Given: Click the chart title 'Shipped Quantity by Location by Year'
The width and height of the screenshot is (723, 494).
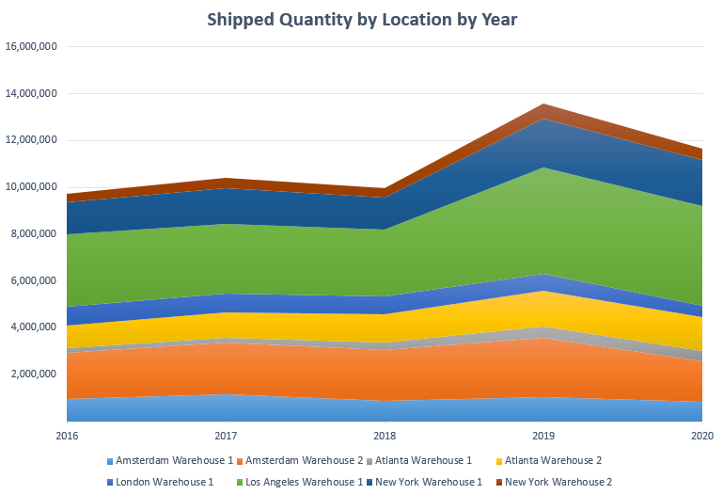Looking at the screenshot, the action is pos(362,20).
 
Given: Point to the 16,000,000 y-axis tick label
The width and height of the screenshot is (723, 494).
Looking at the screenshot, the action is pos(31,46).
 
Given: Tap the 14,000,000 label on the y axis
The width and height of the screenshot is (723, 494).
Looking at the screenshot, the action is pos(31,93).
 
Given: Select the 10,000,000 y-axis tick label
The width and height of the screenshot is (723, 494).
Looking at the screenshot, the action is pos(31,187).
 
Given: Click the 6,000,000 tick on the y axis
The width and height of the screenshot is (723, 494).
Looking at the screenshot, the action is pos(34,280).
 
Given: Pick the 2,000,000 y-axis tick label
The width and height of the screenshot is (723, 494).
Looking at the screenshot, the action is pos(34,374).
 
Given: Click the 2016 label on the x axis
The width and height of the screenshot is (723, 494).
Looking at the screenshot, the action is pos(67,436).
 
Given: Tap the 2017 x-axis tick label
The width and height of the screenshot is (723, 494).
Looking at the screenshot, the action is pos(226,436).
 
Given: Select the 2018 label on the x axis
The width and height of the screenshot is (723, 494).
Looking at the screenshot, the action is pos(385,436).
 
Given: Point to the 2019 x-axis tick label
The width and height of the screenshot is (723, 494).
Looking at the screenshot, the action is pos(543,436).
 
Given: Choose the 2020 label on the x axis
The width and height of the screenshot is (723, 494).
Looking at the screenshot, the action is pos(702,436).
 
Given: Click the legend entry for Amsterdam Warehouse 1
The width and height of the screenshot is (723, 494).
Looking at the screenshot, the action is pos(169,460).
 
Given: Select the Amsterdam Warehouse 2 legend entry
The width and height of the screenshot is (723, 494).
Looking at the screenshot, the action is pos(300,460).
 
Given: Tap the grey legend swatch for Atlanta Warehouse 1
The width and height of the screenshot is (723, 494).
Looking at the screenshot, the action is pos(369,461).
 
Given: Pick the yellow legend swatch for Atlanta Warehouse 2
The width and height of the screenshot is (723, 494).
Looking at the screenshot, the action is pos(499,461).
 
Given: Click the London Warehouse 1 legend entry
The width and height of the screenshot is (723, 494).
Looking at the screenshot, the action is pos(160,482).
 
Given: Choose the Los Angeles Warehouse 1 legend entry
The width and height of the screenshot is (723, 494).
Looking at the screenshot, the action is pos(300,482).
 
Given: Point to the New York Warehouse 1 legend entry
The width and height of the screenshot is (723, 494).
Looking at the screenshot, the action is pos(424,482).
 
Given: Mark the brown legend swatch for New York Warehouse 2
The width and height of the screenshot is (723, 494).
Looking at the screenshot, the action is pos(499,483).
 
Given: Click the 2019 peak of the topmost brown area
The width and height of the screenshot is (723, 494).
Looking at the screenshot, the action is pos(543,104).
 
